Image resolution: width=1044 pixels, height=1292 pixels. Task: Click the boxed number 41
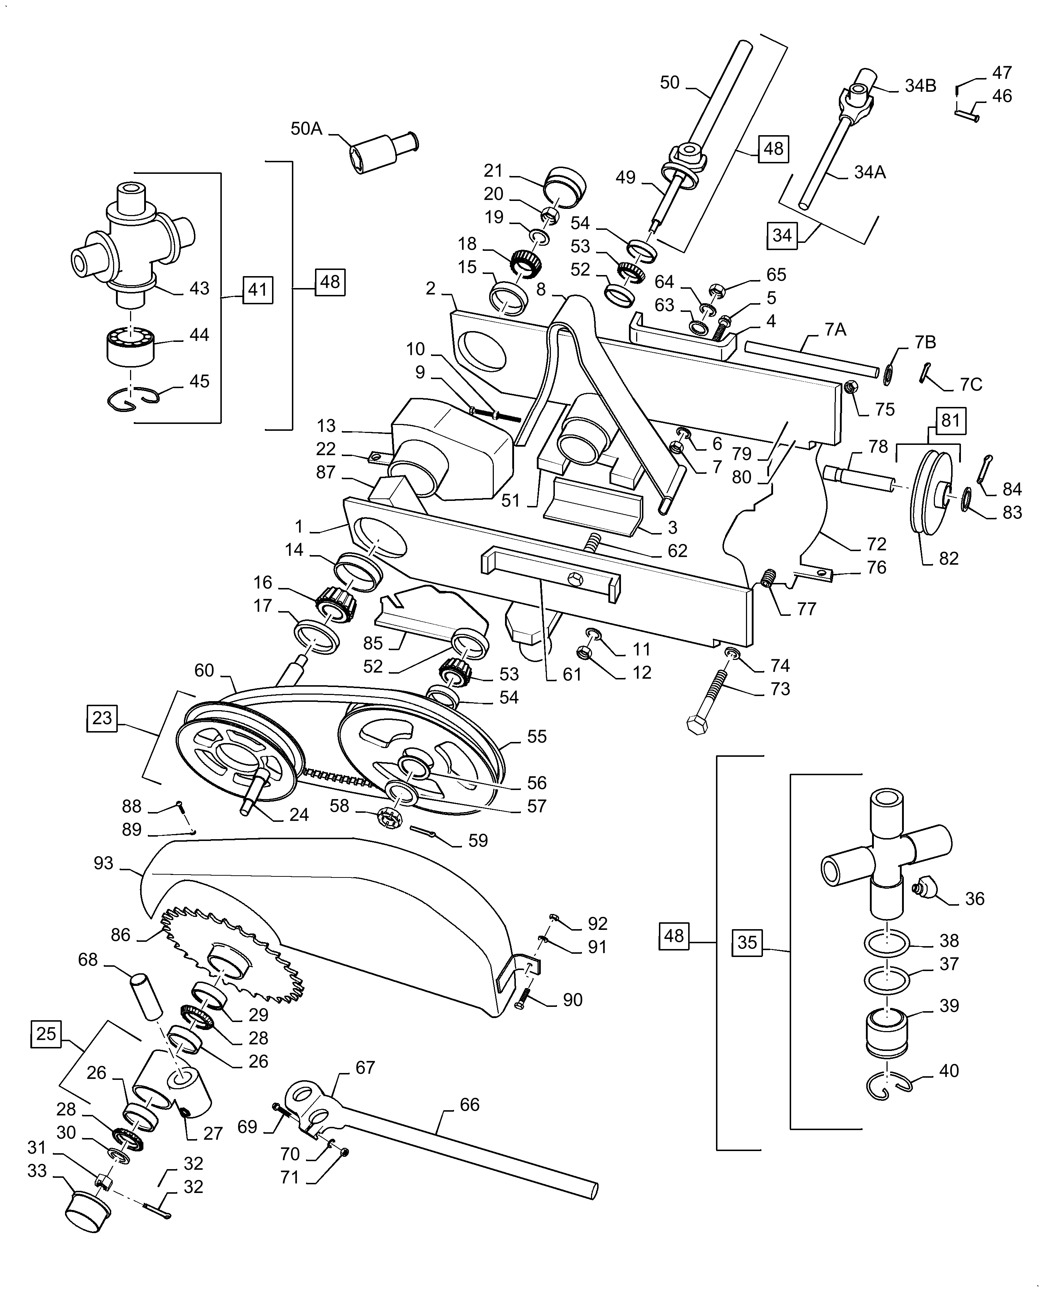(x=258, y=290)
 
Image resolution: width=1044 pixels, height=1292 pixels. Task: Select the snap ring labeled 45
(x=132, y=399)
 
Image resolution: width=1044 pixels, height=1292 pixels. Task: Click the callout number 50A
(x=306, y=129)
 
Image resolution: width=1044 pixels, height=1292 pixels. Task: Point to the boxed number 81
(x=950, y=420)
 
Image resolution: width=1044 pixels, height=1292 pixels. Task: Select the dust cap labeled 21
(x=564, y=184)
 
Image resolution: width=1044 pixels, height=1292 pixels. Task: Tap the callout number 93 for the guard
(x=103, y=863)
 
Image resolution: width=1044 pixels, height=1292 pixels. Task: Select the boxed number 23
(x=102, y=718)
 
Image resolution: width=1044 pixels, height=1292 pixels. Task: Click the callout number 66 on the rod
(x=469, y=1104)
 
